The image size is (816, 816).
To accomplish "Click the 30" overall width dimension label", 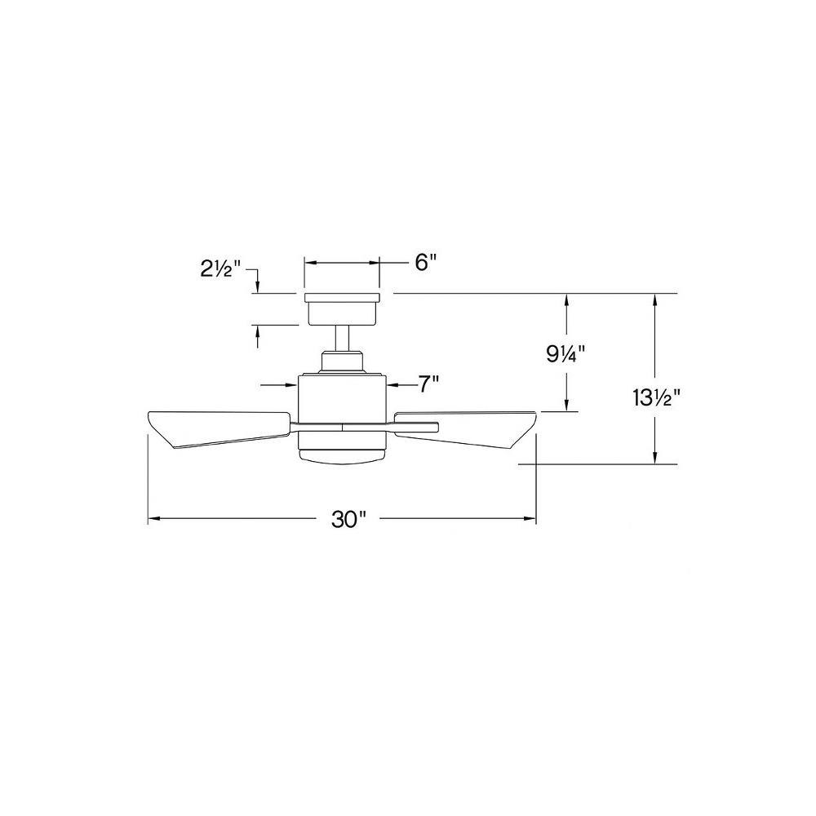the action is [x=349, y=519].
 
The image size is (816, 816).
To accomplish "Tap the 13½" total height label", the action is [x=657, y=399].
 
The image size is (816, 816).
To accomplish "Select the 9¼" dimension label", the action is [x=565, y=354].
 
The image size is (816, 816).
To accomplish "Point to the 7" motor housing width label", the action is [x=429, y=385].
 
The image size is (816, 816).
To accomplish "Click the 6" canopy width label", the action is [x=424, y=263].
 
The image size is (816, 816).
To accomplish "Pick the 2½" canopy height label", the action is [x=221, y=269].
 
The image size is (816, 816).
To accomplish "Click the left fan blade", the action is [x=219, y=429].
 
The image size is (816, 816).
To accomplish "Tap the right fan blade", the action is [x=466, y=429].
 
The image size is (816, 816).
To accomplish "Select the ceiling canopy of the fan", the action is [x=342, y=309].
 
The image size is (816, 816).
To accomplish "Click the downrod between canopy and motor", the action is [x=342, y=339].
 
